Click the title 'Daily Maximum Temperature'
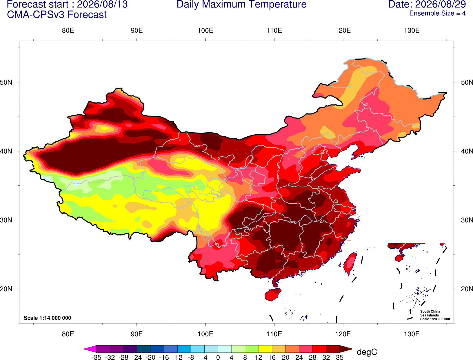pos(241,4)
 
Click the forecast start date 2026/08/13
pos(102,4)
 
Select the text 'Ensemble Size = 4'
pos(437,13)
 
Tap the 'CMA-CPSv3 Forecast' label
pos(57,15)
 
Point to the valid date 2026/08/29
pos(441,4)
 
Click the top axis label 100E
pos(205,30)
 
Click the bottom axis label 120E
pos(343,334)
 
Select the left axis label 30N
pos(6,220)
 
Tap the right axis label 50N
pos(467,82)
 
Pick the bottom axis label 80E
pos(68,334)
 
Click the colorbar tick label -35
pos(96,357)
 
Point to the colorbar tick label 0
pos(218,357)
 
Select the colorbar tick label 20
pos(285,357)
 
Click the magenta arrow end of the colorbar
pos(90,349)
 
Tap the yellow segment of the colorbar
pos(265,349)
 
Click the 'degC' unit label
pos(367,352)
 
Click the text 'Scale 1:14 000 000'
pos(48,318)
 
